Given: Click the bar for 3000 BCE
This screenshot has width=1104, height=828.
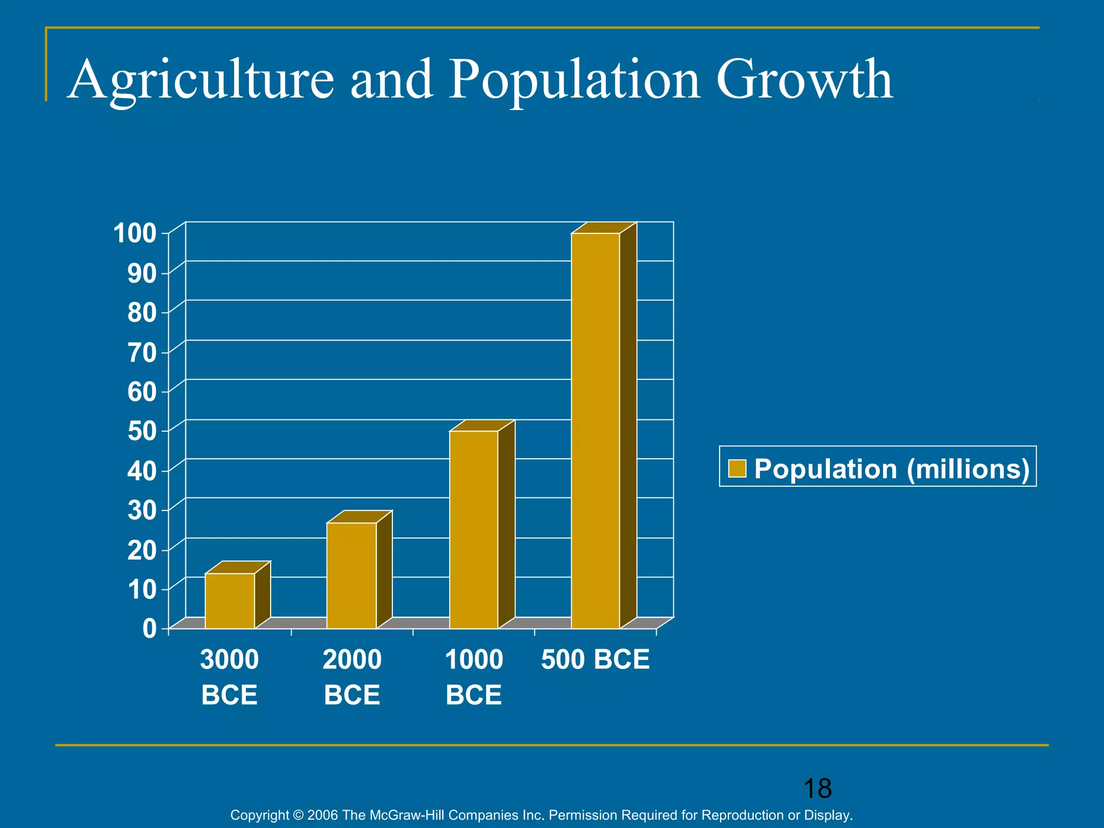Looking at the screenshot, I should point(230,601).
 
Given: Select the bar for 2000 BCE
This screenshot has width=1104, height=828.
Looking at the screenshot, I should point(351,575).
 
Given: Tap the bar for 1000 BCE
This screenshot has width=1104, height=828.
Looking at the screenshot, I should point(474,529).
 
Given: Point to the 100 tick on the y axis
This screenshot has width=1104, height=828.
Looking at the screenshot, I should point(135,233).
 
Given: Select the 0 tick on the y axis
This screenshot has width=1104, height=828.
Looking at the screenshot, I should point(149,629).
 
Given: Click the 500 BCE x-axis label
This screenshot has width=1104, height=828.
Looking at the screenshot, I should point(595,660).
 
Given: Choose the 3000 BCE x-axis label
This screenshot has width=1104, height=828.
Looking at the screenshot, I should point(229,677).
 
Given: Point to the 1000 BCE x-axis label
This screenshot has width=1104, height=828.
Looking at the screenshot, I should point(474,677).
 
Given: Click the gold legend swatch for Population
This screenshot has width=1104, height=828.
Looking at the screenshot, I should point(737,468).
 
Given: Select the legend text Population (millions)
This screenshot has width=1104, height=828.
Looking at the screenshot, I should point(892,468).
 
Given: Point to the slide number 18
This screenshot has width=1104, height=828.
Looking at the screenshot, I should point(817,789).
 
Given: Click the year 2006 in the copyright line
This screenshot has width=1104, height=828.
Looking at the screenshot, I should point(322,815).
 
